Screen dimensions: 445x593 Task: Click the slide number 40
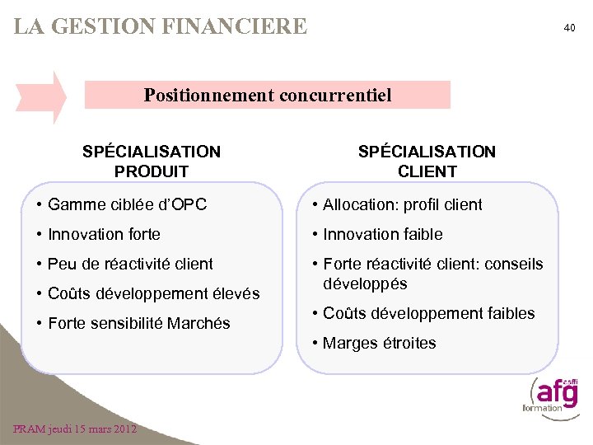coord(569,28)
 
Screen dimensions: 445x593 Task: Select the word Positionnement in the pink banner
coord(209,95)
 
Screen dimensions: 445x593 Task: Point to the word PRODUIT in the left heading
coord(152,171)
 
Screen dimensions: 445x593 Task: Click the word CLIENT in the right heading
coord(427,171)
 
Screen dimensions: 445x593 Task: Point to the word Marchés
coord(198,323)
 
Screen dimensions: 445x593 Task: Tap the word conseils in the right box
coord(514,264)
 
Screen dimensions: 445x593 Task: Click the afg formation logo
coord(549,394)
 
